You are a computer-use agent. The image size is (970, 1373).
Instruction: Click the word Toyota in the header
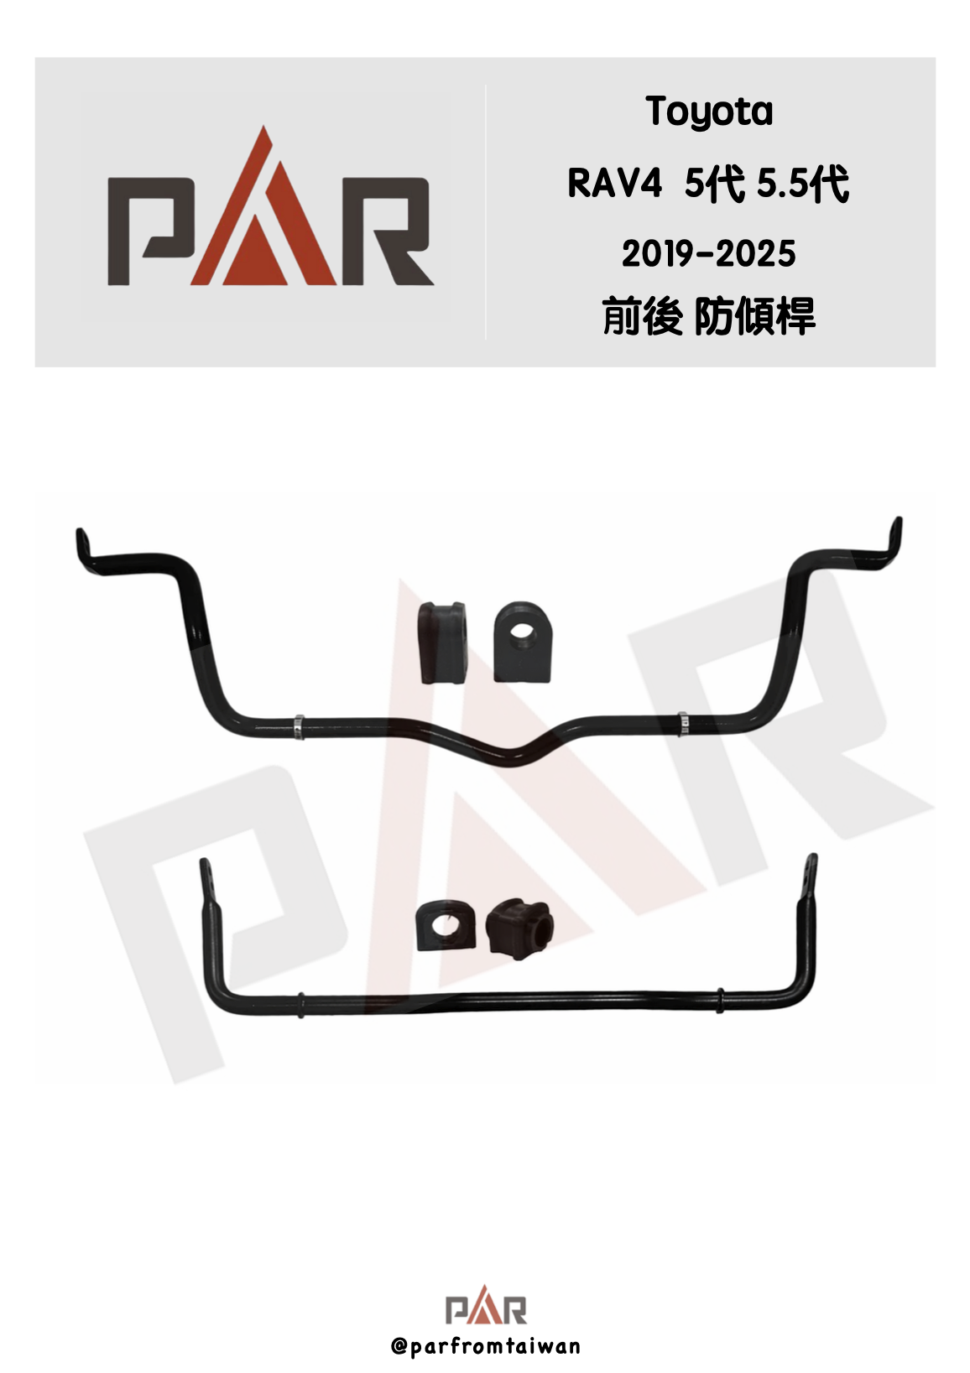coord(709,113)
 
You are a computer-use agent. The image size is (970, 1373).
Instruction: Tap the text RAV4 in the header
coord(615,184)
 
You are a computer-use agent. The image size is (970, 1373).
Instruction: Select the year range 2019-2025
coord(709,253)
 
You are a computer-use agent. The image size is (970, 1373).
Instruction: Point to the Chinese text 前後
coord(642,316)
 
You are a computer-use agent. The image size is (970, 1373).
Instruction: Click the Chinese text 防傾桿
coord(755,316)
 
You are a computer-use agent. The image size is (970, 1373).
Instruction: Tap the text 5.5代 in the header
coord(803,184)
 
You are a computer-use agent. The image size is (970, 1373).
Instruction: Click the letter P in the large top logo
coord(151,231)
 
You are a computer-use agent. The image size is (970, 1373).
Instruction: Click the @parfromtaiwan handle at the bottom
coord(485,1347)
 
